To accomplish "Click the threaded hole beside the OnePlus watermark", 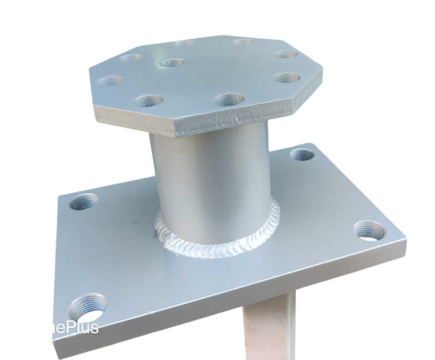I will point(87,306).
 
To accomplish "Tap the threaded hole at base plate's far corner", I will point(302,154).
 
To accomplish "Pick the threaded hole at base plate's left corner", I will point(84,201).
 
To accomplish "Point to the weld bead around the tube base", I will point(217,248).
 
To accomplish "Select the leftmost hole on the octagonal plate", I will point(110,81).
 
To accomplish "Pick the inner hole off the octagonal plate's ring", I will point(172,63).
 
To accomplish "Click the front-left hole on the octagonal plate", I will point(148,101).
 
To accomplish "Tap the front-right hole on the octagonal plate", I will point(229,100).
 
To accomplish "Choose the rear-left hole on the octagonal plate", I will point(131,57).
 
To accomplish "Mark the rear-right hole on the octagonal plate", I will point(244,42).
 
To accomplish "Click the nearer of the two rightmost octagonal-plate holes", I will point(288,77).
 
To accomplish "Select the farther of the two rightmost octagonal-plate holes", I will point(287,54).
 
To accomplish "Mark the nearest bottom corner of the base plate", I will point(55,354).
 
